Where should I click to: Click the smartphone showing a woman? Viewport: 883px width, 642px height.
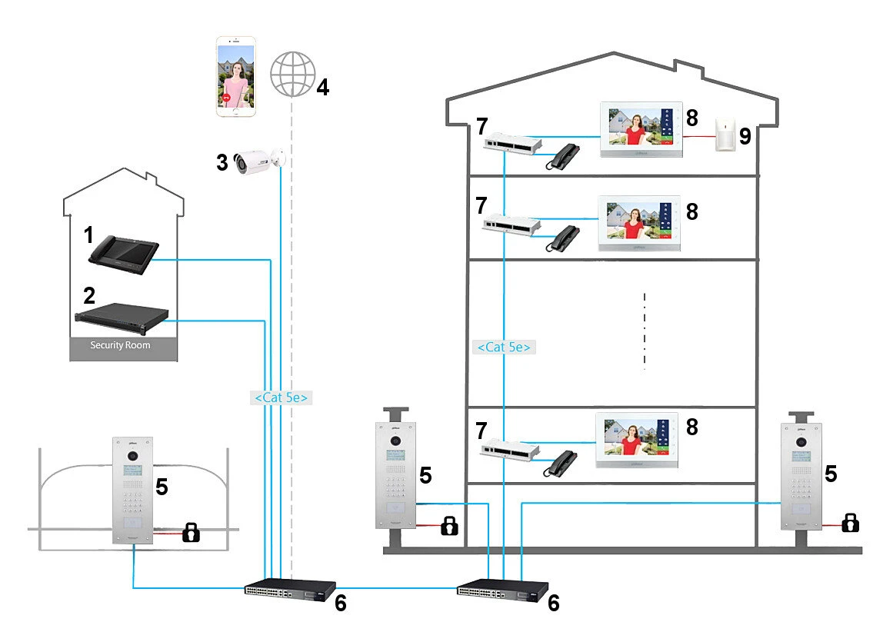pyautogui.click(x=236, y=77)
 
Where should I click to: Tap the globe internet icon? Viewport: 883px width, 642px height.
pyautogui.click(x=294, y=75)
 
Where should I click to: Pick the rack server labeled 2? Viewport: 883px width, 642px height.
pyautogui.click(x=121, y=314)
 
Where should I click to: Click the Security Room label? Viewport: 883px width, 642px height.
pyautogui.click(x=121, y=345)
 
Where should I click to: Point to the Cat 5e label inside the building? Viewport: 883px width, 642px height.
pyautogui.click(x=505, y=347)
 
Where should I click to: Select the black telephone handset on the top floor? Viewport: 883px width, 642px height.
pyautogui.click(x=564, y=158)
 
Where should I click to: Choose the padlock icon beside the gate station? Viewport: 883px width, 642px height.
pyautogui.click(x=190, y=531)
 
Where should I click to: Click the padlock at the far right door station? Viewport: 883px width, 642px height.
pyautogui.click(x=850, y=523)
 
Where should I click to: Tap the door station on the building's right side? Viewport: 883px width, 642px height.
pyautogui.click(x=801, y=477)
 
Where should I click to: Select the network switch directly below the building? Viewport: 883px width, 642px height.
pyautogui.click(x=502, y=592)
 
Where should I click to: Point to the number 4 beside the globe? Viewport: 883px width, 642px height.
pyautogui.click(x=323, y=87)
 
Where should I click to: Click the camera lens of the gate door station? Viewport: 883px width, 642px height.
pyautogui.click(x=133, y=455)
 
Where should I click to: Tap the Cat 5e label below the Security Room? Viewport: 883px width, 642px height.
pyautogui.click(x=281, y=398)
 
